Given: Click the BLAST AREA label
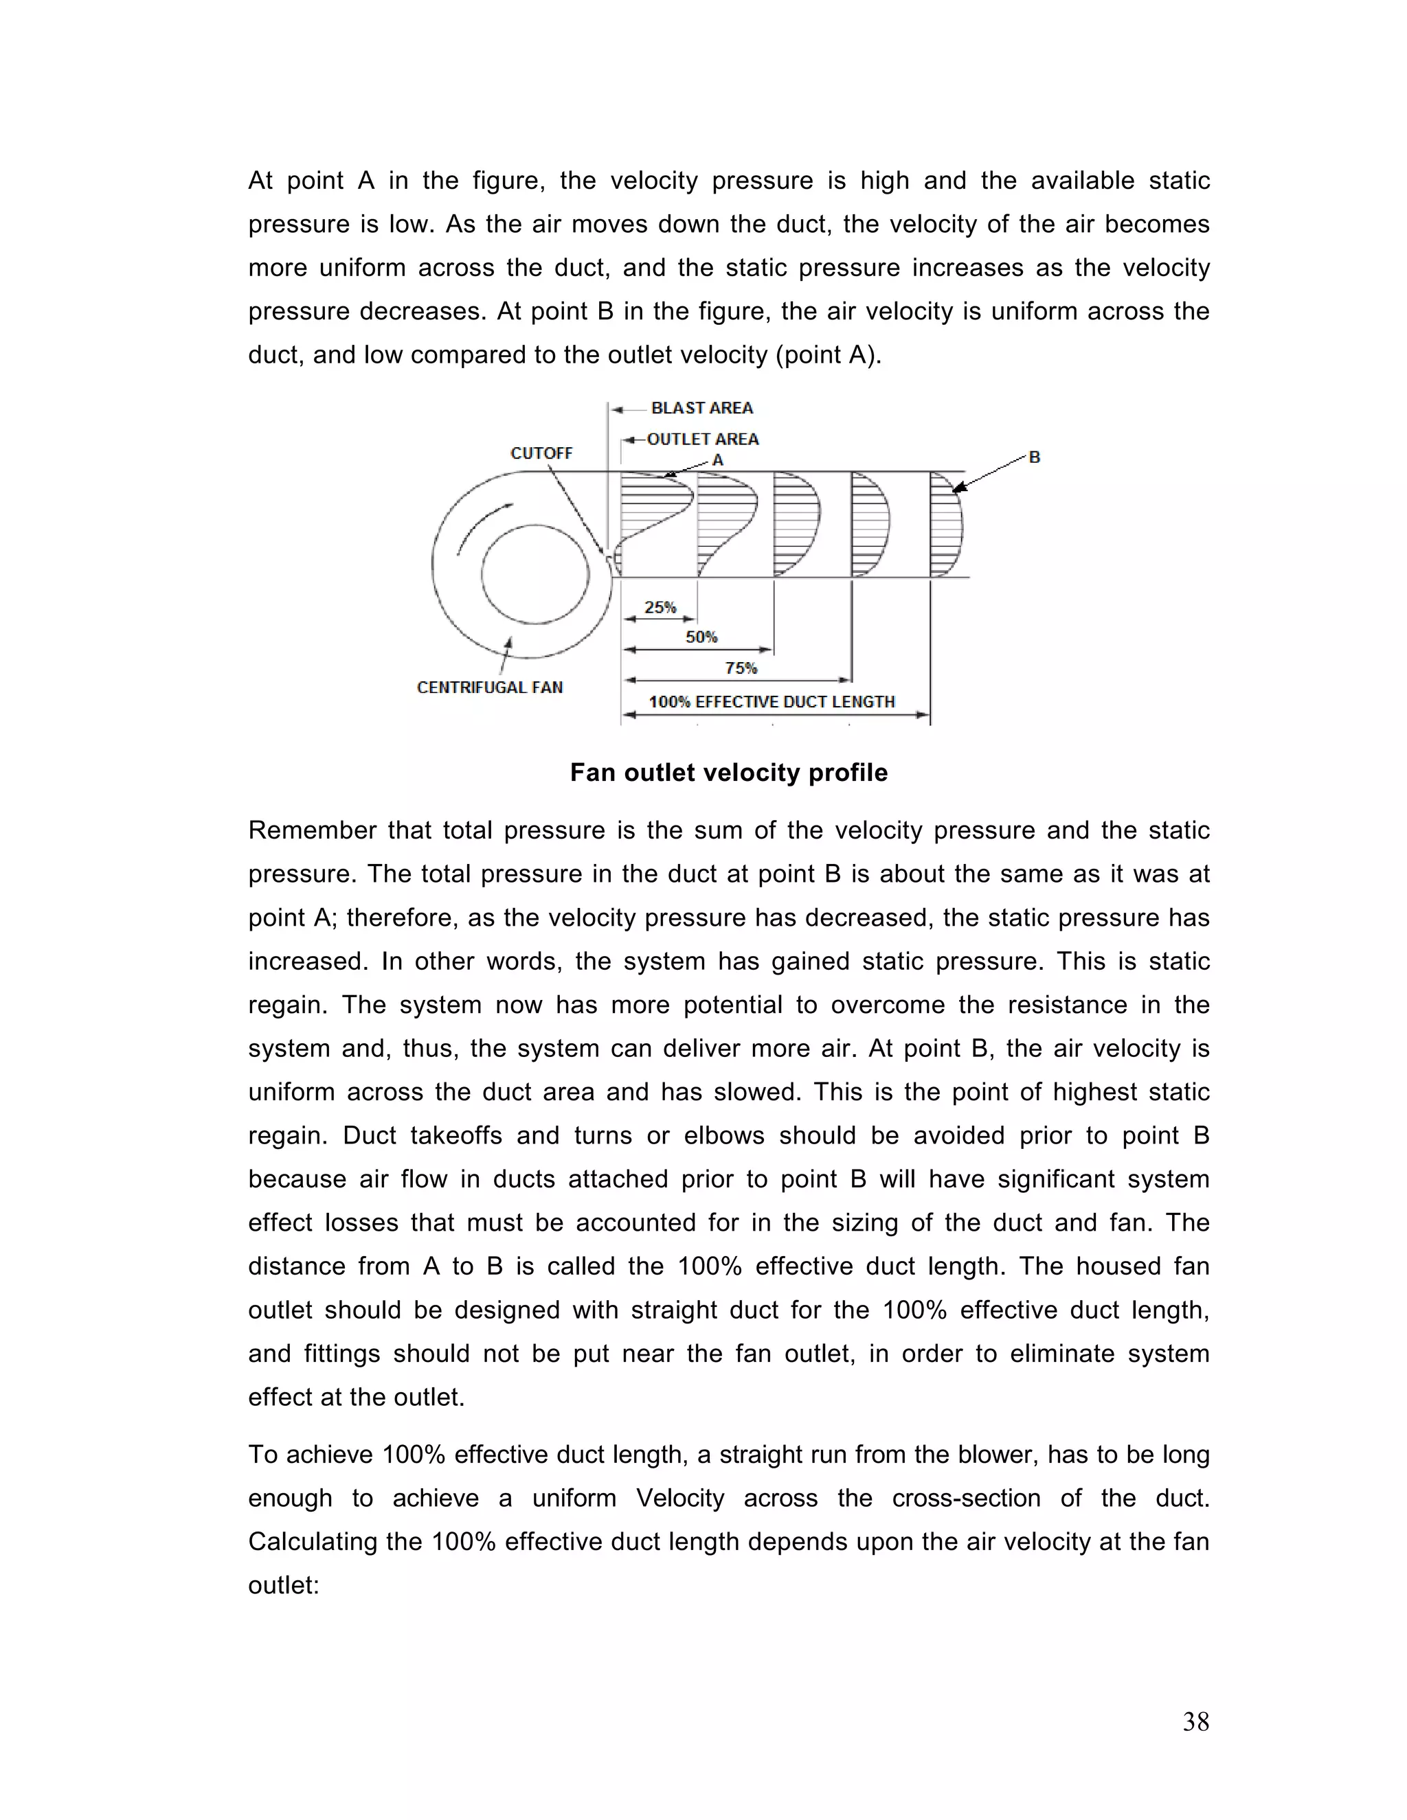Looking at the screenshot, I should coord(702,407).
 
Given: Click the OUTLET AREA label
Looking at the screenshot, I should coord(703,439).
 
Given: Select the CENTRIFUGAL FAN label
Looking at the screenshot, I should coord(489,687).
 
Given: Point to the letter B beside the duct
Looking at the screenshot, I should coord(1035,457).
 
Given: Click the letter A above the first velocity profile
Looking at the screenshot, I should coord(718,461).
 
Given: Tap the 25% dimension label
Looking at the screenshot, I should coord(660,608).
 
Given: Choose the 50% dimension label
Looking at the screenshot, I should coord(701,637).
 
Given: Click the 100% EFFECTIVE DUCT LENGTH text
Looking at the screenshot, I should coord(772,702).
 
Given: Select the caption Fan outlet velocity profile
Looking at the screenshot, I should coord(728,773).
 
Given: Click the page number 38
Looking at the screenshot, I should coord(1195,1722).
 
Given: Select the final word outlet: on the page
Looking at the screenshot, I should coord(284,1585).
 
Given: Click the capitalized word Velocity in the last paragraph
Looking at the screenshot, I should coord(680,1499).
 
